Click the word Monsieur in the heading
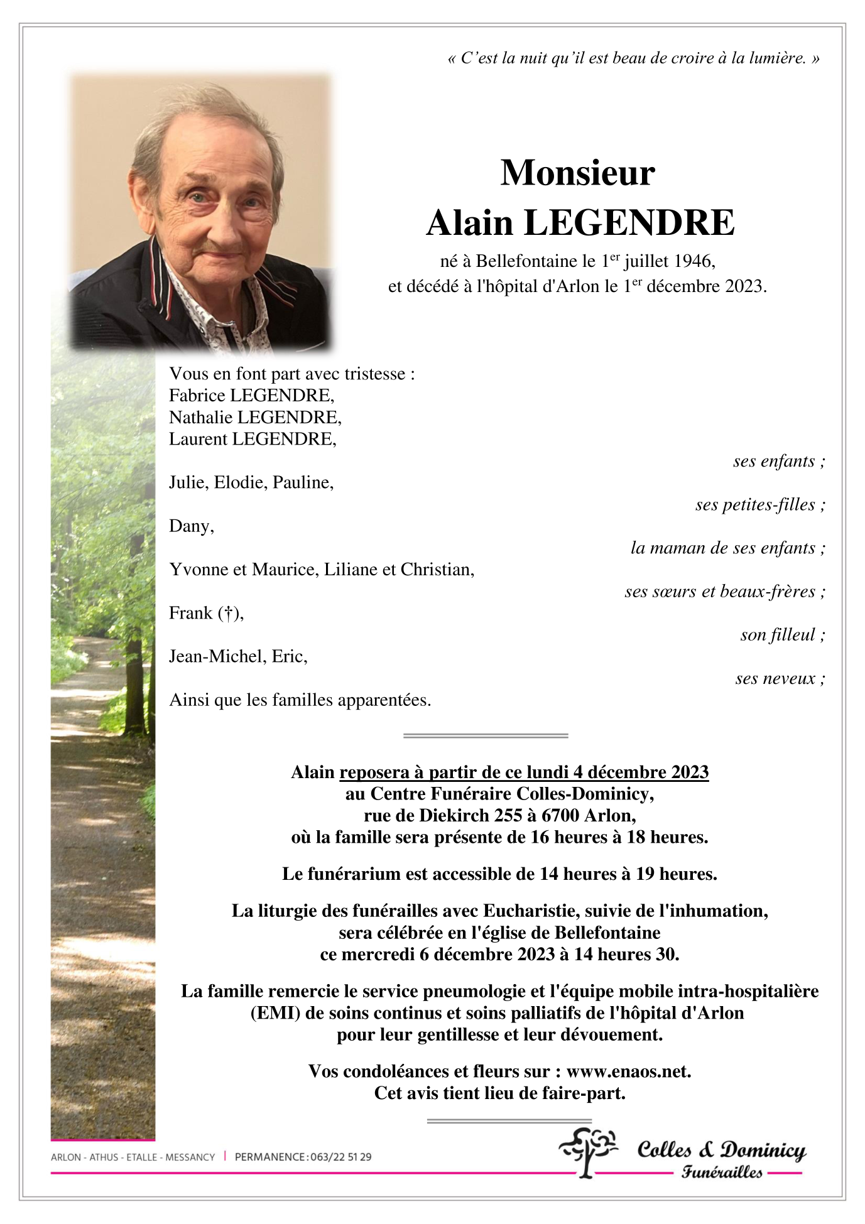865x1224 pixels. tap(577, 173)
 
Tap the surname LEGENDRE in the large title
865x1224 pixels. tap(629, 223)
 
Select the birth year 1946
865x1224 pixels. tap(694, 261)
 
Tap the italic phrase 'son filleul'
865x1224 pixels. tap(778, 635)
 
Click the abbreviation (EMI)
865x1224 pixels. tap(276, 1012)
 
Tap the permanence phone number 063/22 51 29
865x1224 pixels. tap(340, 1157)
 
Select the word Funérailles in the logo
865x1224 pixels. tap(722, 1172)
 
